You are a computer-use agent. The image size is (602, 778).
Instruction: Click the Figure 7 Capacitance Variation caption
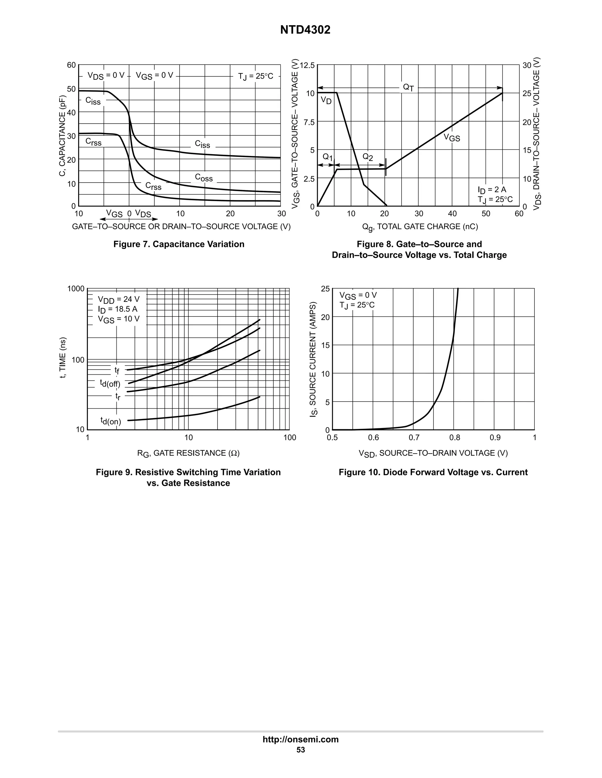(x=179, y=244)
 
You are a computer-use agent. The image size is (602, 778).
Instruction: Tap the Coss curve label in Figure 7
(x=204, y=177)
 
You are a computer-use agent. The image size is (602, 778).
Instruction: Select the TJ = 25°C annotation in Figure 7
(x=255, y=76)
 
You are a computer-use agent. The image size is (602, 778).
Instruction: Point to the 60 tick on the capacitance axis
(x=71, y=65)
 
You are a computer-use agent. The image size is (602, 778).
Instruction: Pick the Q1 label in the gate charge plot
(x=327, y=157)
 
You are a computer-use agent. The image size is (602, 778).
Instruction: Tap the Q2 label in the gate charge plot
(x=367, y=157)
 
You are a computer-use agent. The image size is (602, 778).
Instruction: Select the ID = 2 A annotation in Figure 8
(x=492, y=190)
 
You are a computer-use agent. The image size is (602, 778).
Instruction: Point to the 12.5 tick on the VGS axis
(x=307, y=65)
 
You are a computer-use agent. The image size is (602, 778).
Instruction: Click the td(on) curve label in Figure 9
(x=111, y=421)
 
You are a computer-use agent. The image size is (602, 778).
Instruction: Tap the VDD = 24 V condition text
(x=119, y=299)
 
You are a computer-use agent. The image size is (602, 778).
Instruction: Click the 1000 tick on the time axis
(x=76, y=289)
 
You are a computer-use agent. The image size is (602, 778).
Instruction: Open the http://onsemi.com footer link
(x=300, y=740)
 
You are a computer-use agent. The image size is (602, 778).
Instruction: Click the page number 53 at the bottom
(x=300, y=750)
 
